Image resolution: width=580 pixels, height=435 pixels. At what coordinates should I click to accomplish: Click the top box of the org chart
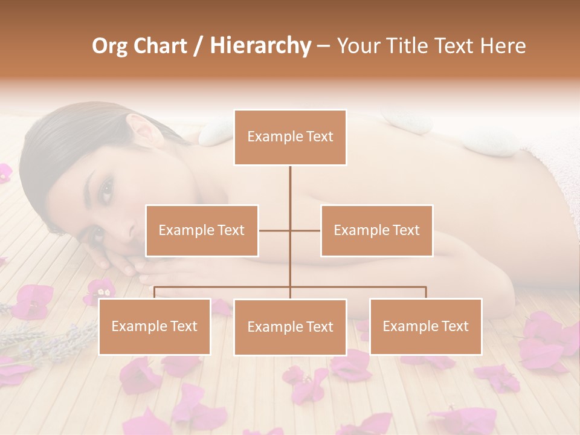(x=290, y=137)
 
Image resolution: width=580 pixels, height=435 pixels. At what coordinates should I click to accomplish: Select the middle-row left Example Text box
(x=202, y=230)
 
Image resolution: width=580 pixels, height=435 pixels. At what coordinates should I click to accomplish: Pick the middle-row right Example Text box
(x=376, y=230)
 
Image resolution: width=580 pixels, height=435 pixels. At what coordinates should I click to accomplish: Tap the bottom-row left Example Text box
(x=155, y=326)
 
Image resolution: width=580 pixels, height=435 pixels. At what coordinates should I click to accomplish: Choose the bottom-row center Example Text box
(x=290, y=327)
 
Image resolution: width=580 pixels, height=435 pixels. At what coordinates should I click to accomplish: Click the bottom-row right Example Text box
(x=425, y=326)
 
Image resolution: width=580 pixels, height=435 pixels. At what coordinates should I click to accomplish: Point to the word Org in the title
(x=109, y=46)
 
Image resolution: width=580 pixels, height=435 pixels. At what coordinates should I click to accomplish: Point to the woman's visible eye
(x=106, y=191)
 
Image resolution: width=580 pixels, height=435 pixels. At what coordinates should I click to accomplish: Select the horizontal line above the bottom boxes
(x=362, y=287)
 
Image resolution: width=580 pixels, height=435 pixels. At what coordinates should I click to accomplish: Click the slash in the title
(x=198, y=46)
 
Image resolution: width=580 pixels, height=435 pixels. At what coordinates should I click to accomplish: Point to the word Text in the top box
(x=319, y=137)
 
